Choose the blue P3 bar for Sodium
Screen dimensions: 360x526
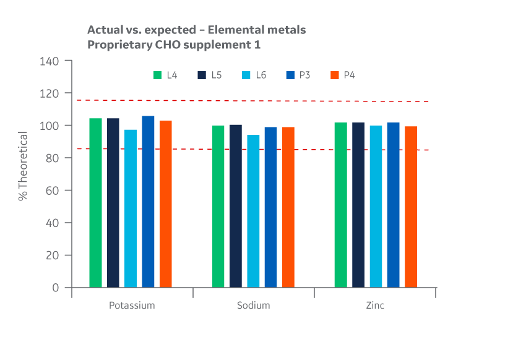[270, 207]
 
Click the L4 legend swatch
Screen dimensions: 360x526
[157, 75]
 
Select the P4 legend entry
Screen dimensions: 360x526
[342, 75]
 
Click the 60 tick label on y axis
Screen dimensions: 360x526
[54, 191]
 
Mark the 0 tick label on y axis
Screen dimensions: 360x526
[56, 288]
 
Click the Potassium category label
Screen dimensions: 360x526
[132, 306]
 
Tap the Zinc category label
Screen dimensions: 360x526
[375, 306]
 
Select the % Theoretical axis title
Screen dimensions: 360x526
[23, 166]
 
